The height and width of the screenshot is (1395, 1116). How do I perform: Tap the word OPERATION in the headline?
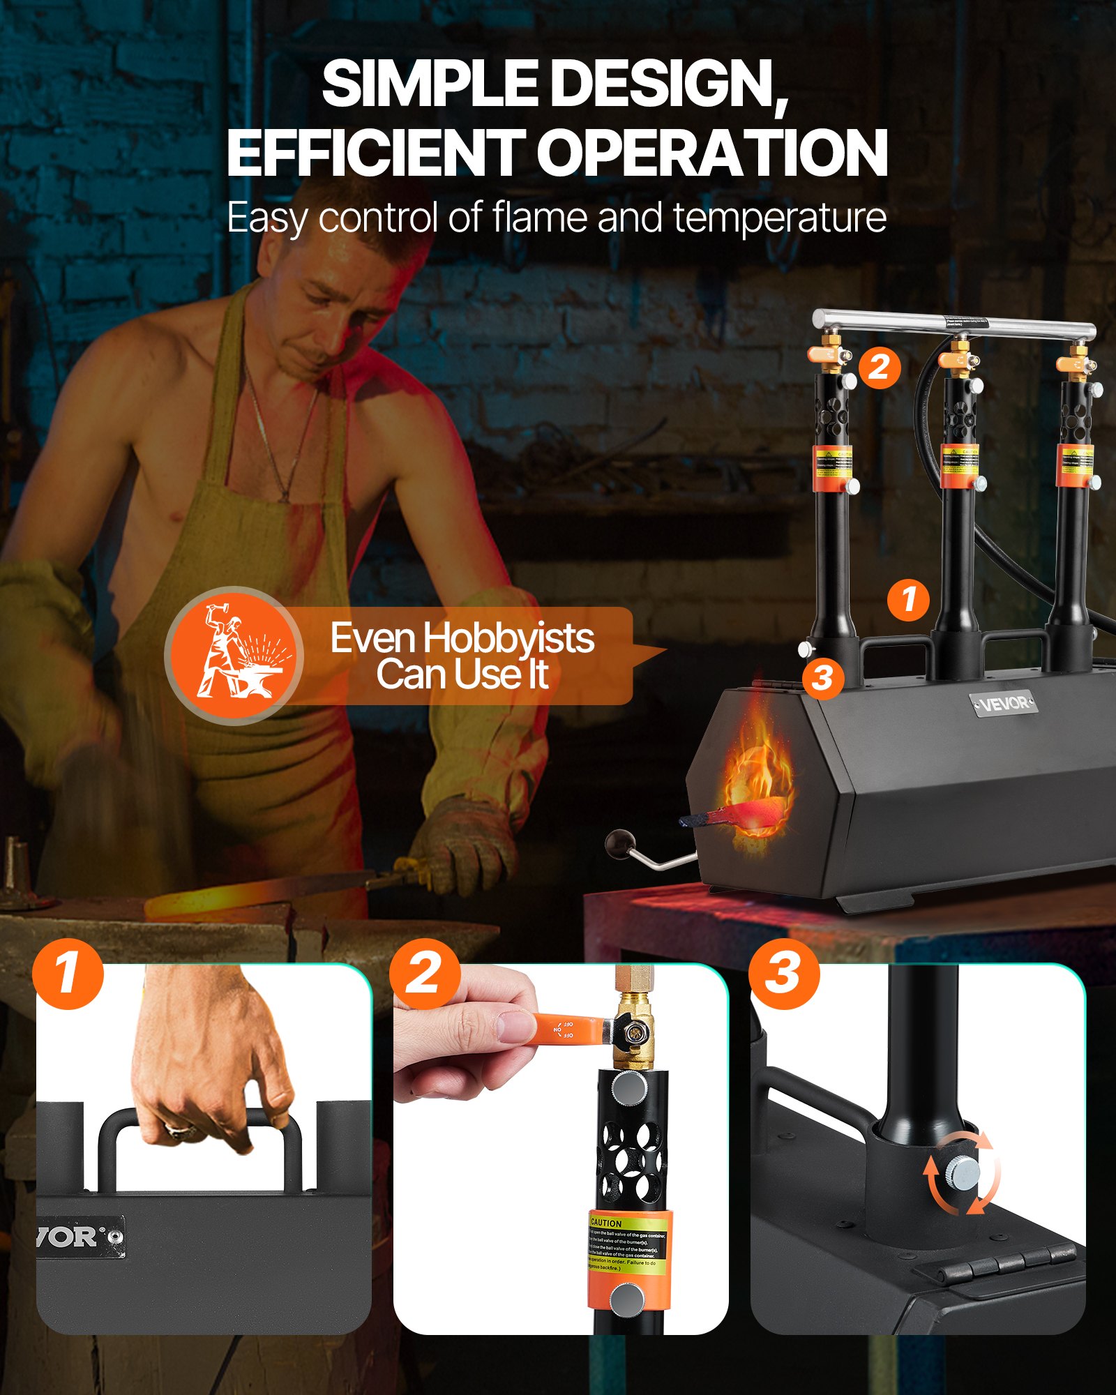point(711,153)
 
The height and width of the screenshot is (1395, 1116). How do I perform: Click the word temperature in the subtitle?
point(779,218)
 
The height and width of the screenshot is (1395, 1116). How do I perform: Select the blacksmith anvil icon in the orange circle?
point(234,656)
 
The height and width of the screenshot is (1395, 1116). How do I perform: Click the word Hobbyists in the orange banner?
point(508,638)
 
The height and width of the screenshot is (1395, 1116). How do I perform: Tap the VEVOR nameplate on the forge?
point(1004,703)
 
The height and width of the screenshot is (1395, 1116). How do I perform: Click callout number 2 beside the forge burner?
point(879,367)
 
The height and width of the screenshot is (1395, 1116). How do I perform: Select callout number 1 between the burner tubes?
point(908,599)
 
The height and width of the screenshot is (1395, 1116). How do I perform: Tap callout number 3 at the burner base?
point(823,677)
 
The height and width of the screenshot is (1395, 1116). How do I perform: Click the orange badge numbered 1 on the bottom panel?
point(68,974)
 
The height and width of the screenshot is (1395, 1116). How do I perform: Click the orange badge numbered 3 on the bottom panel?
point(784,974)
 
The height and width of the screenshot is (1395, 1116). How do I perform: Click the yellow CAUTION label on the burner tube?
point(628,1245)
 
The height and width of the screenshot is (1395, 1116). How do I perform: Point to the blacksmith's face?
point(328,307)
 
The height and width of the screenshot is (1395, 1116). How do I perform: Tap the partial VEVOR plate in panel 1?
point(80,1238)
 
